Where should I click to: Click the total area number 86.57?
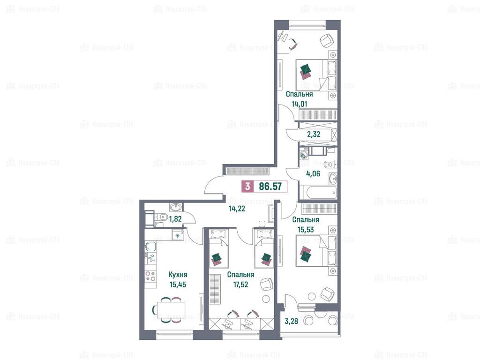270,186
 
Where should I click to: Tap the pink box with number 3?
247,186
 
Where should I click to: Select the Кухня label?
178,275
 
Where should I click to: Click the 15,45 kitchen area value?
178,285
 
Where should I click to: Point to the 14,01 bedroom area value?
299,104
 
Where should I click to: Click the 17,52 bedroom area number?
240,285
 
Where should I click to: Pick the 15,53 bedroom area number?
306,229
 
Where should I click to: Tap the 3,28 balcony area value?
291,321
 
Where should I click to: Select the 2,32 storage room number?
314,134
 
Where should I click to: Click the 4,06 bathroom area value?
313,173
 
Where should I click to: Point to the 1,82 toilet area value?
175,219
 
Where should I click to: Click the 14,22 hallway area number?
237,209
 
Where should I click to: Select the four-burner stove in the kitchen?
150,277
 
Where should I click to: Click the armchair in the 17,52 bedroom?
266,284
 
